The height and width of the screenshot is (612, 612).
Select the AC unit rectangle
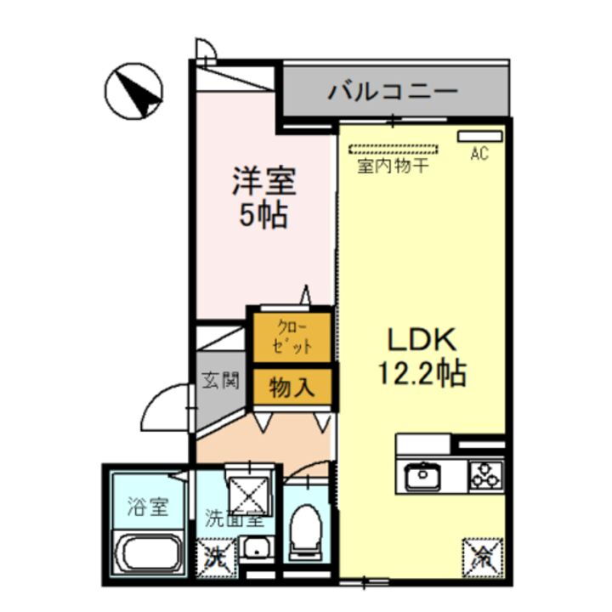click(480, 136)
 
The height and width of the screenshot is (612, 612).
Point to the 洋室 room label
click(263, 183)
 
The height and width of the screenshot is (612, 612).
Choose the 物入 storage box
click(292, 388)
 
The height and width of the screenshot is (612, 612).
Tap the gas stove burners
click(485, 477)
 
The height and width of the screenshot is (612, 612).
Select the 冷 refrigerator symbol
click(482, 558)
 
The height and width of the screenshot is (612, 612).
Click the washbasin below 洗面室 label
click(255, 549)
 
